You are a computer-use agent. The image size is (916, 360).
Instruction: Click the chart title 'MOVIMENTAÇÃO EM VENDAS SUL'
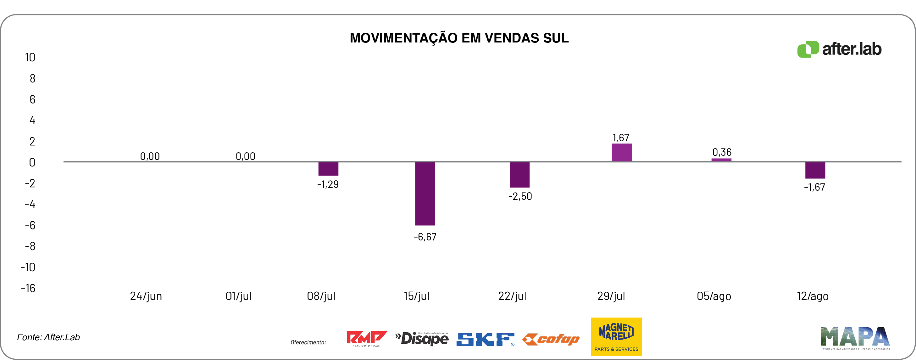tap(459, 38)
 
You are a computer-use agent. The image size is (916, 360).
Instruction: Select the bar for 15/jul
tap(425, 194)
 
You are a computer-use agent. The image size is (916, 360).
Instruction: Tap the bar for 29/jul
tap(622, 153)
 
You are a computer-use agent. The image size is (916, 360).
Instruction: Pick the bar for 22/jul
tap(519, 175)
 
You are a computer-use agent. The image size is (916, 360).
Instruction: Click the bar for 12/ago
tap(815, 170)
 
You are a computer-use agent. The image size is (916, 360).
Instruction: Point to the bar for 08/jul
tap(328, 169)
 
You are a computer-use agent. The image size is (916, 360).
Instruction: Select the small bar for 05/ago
tap(721, 160)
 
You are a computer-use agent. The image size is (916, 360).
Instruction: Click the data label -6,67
tap(425, 237)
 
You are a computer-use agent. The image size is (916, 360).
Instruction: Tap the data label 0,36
tap(722, 152)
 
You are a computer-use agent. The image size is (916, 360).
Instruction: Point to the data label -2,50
tap(520, 196)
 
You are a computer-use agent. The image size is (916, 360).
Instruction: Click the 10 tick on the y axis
tap(30, 58)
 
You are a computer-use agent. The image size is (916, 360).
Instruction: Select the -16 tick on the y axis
tap(28, 288)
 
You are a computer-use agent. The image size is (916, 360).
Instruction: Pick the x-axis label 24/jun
tap(146, 296)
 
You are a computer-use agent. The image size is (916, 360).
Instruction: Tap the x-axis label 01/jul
tap(238, 296)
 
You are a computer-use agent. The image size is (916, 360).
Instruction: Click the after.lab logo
tap(839, 49)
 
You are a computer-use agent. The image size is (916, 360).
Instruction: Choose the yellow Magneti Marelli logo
tap(616, 336)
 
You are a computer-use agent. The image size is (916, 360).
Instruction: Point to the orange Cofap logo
tap(551, 339)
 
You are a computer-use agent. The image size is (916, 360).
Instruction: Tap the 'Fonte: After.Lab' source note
tap(48, 337)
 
